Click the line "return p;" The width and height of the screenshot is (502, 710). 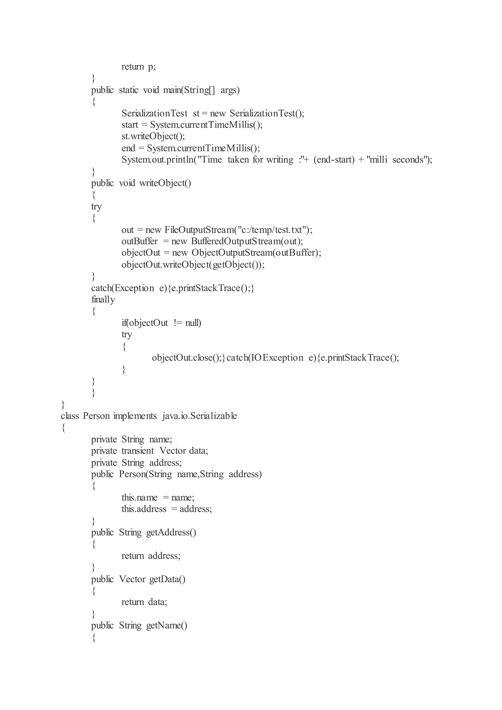[x=138, y=67]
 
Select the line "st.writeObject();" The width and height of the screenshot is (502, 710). [x=153, y=136]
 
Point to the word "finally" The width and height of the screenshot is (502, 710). [x=103, y=299]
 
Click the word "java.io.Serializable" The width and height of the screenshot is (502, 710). [x=199, y=416]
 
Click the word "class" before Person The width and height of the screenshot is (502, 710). [x=70, y=416]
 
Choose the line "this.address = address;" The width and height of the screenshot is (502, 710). [x=167, y=509]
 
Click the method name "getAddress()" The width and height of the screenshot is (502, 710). [x=171, y=532]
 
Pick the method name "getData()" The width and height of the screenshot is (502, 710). [x=167, y=579]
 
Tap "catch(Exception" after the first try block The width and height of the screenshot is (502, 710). [x=122, y=288]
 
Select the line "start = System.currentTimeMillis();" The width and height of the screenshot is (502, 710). [x=192, y=125]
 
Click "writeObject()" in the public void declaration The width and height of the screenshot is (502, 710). [x=165, y=183]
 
